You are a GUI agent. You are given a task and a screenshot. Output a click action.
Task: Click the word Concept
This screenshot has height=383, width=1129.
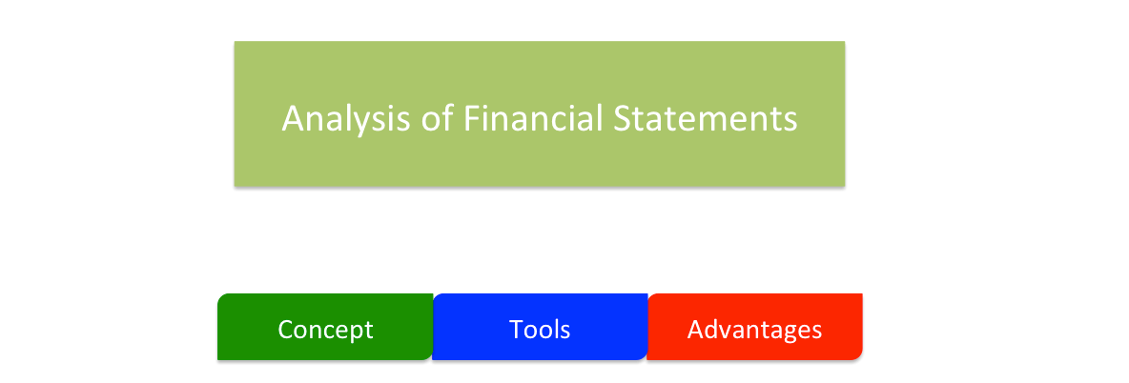point(325,330)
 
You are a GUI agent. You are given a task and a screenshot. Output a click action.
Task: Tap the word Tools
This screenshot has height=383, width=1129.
point(540,330)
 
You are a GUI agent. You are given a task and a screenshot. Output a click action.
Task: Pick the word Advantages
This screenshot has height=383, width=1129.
point(754,330)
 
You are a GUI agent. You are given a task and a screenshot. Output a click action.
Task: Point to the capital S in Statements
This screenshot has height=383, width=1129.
point(625,119)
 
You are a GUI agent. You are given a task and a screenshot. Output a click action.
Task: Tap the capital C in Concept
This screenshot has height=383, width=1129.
point(285,330)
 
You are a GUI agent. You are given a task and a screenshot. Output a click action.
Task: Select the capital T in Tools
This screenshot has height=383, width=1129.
point(516,330)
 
